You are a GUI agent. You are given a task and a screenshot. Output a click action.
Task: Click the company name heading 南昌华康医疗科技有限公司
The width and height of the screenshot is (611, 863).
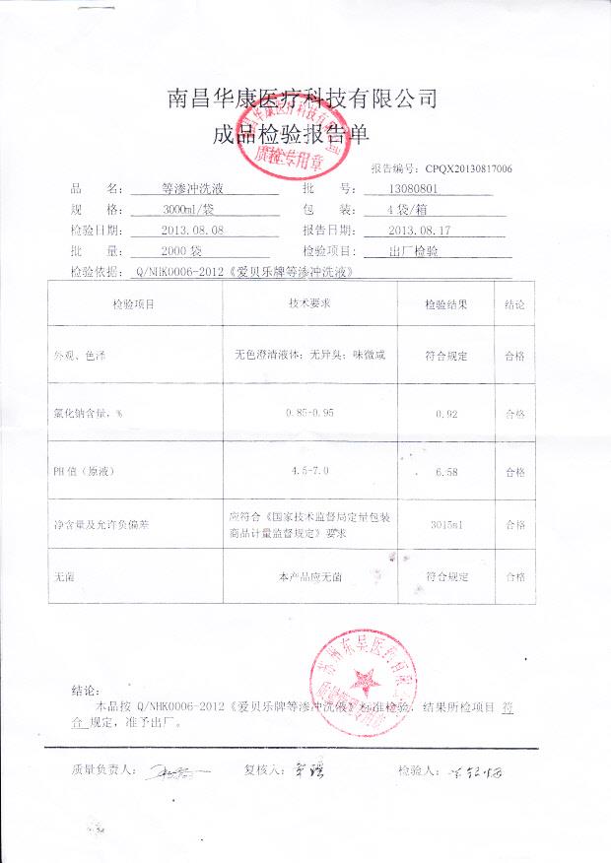[x=303, y=99]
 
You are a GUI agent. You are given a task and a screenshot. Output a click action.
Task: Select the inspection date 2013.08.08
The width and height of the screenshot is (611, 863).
[x=192, y=230]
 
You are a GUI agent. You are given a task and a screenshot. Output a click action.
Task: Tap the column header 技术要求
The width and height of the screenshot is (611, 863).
[x=308, y=304]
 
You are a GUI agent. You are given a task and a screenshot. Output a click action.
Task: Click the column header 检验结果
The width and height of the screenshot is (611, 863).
[x=445, y=305]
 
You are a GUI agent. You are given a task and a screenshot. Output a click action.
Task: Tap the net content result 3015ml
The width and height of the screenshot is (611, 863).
[x=446, y=525]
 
